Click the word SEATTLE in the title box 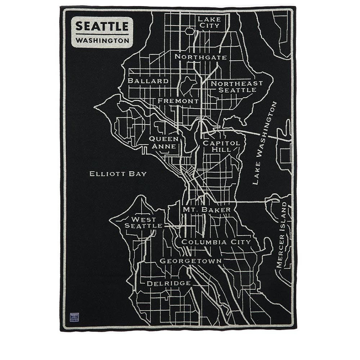coord(102,26)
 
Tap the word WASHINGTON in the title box coord(102,41)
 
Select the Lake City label coord(209,22)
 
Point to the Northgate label coord(201,57)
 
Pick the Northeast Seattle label coord(237,86)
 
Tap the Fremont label coord(178,101)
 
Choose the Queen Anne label coord(164,143)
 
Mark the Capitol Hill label coord(221,146)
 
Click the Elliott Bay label coord(118,174)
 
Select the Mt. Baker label coord(207,209)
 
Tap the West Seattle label coord(143,222)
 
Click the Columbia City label coord(216,242)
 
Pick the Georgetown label coord(191,261)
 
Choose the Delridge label coord(168,283)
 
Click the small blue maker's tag coord(74,317)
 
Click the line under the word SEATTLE coord(102,34)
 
